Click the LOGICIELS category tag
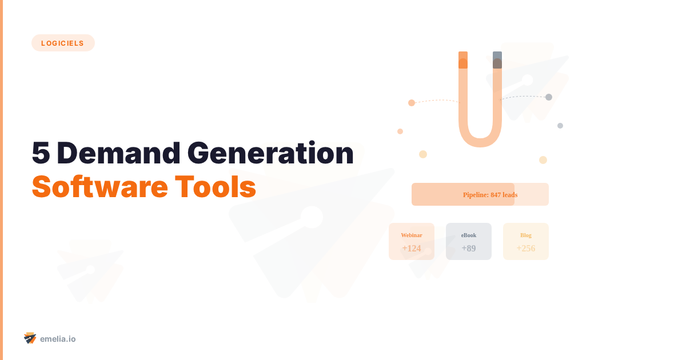[63, 43]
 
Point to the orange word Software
[98, 186]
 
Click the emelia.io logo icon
[30, 338]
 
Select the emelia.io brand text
[58, 339]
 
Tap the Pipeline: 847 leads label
[490, 195]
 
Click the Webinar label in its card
[412, 235]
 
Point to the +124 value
[412, 248]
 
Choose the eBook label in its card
[469, 235]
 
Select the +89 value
[469, 248]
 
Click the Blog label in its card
[526, 235]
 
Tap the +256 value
[526, 248]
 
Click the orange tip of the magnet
[463, 59]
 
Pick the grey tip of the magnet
[497, 59]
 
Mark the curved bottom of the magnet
[480, 141]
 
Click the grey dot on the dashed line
[549, 97]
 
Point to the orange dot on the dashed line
[412, 103]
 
